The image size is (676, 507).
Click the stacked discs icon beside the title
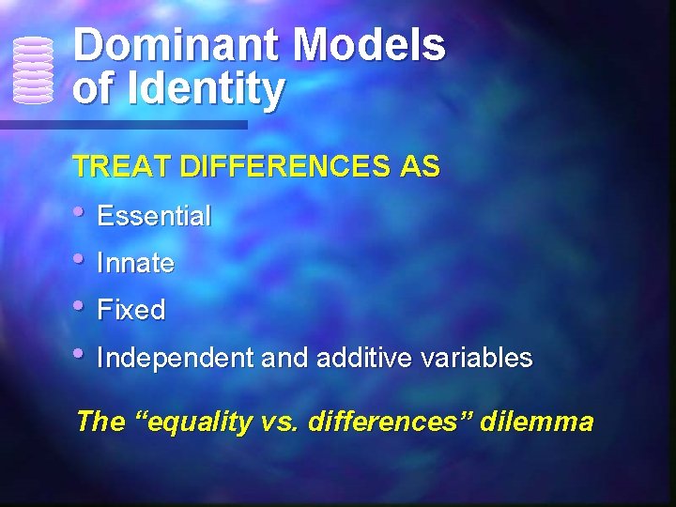[x=33, y=69]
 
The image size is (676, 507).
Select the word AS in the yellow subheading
[x=420, y=167]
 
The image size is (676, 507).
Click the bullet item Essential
[x=154, y=217]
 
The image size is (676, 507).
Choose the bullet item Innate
[x=135, y=264]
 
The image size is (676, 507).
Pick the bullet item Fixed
[x=131, y=311]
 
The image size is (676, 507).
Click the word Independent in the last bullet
[x=175, y=358]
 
